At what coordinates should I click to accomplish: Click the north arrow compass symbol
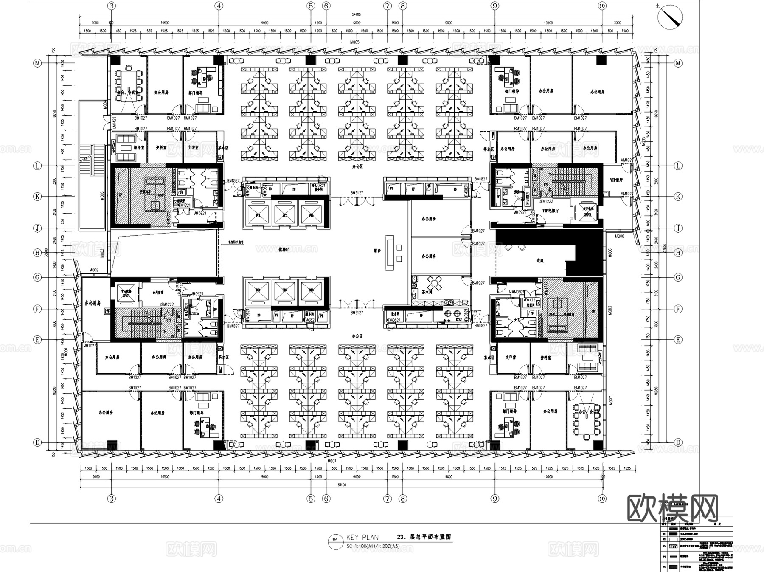(x=669, y=17)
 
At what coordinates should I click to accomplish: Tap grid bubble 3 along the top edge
(x=111, y=6)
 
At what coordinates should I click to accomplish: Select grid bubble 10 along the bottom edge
(x=602, y=499)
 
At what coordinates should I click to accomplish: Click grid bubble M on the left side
(x=38, y=63)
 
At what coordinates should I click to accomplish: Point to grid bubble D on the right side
(x=678, y=442)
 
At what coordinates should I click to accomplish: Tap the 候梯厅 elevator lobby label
(x=284, y=250)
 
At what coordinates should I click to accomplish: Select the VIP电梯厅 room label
(x=550, y=211)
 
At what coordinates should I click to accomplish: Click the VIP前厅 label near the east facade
(x=616, y=180)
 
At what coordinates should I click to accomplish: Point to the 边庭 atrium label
(x=539, y=261)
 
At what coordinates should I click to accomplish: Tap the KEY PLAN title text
(x=362, y=537)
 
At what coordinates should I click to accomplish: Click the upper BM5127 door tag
(x=357, y=193)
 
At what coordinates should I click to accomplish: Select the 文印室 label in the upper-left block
(x=194, y=148)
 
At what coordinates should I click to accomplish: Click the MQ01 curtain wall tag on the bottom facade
(x=332, y=461)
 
